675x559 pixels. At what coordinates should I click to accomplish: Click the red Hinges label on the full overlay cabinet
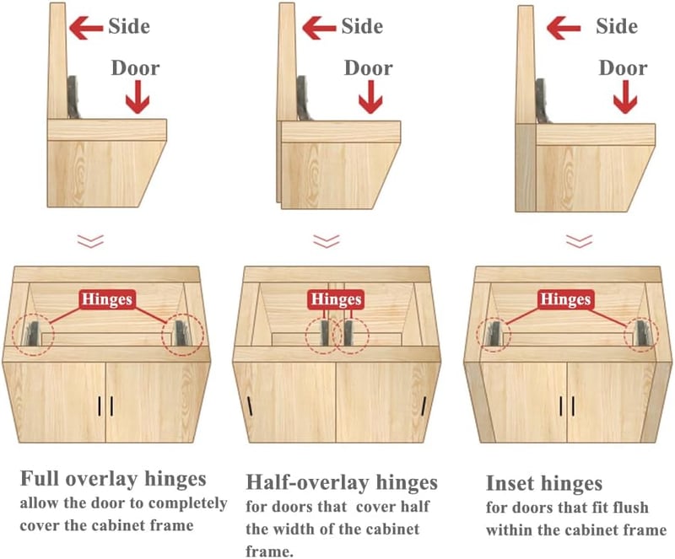[107, 299]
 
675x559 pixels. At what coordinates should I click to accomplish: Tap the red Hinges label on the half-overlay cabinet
[336, 299]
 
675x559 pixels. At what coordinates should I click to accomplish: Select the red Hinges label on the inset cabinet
[565, 299]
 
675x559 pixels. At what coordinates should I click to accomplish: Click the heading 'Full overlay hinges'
[113, 480]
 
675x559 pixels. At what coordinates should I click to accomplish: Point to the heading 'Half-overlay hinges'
[342, 483]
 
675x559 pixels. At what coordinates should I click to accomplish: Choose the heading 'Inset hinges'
[544, 484]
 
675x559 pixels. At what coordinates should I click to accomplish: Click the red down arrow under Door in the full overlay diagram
[138, 97]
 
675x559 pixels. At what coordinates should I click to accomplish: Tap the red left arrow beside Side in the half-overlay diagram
[319, 28]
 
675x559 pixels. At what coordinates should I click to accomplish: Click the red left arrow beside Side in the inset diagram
[564, 28]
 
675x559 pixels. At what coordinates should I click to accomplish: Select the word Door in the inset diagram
[623, 68]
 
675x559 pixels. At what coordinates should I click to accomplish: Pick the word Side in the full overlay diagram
[129, 26]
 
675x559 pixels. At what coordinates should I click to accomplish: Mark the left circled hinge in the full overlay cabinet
[33, 336]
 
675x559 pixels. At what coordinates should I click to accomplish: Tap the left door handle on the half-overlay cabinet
[250, 406]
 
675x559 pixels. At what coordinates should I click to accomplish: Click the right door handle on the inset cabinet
[574, 406]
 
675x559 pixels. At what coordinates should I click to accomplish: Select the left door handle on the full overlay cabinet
[99, 406]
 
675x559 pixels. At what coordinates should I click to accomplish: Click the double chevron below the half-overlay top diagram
[327, 241]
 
